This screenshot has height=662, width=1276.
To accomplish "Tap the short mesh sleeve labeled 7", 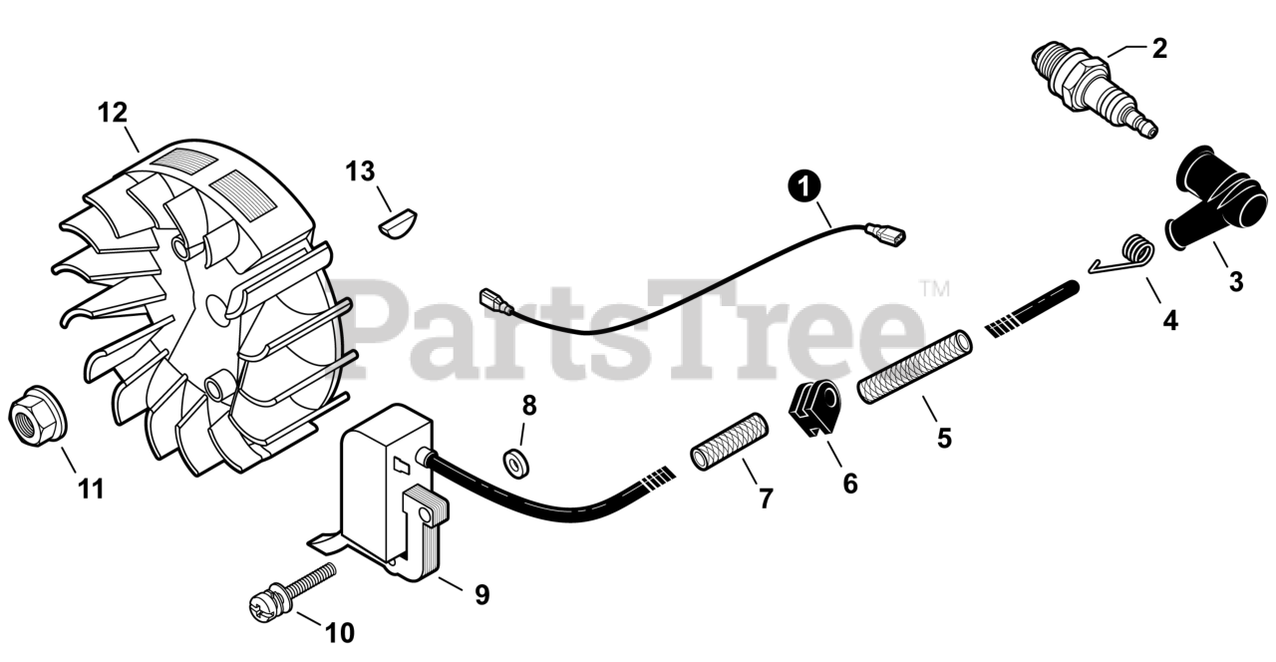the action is pyautogui.click(x=730, y=442).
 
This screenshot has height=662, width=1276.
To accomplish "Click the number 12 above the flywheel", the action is pyautogui.click(x=113, y=112).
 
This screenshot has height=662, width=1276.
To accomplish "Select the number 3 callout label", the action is pyautogui.click(x=1236, y=282).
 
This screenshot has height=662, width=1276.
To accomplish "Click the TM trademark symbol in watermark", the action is pyautogui.click(x=934, y=290).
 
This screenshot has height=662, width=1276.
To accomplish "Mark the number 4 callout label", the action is pyautogui.click(x=1169, y=321).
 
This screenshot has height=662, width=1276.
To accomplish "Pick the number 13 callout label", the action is pyautogui.click(x=361, y=171).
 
